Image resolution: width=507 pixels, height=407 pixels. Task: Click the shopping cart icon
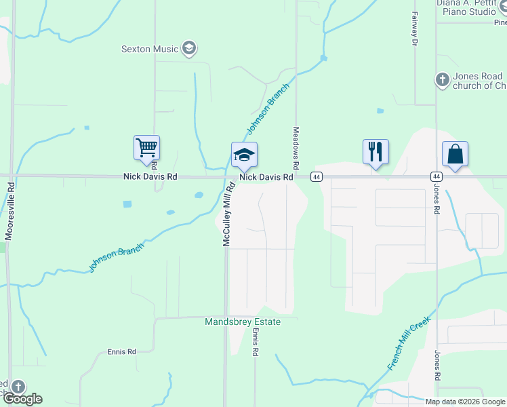(146, 149)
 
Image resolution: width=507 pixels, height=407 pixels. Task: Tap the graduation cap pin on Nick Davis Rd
(244, 155)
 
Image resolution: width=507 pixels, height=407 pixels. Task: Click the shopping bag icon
(455, 154)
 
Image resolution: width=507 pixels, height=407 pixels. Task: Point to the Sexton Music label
(150, 49)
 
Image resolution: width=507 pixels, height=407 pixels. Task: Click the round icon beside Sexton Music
(189, 49)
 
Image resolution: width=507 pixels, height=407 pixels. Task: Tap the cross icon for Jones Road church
(442, 80)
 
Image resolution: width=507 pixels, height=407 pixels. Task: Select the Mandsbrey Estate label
(243, 322)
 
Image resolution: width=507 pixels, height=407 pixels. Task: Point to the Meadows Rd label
(296, 148)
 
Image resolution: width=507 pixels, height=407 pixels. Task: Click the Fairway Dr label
(415, 31)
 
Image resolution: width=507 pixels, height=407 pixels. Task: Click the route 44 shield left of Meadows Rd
(316, 176)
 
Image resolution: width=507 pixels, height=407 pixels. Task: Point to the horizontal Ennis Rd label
(122, 351)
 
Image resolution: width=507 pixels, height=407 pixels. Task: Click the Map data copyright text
(464, 402)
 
